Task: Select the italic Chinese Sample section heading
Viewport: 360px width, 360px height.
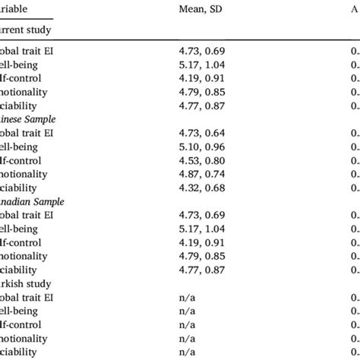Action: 30,119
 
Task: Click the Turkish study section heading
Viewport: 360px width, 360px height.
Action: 27,283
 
